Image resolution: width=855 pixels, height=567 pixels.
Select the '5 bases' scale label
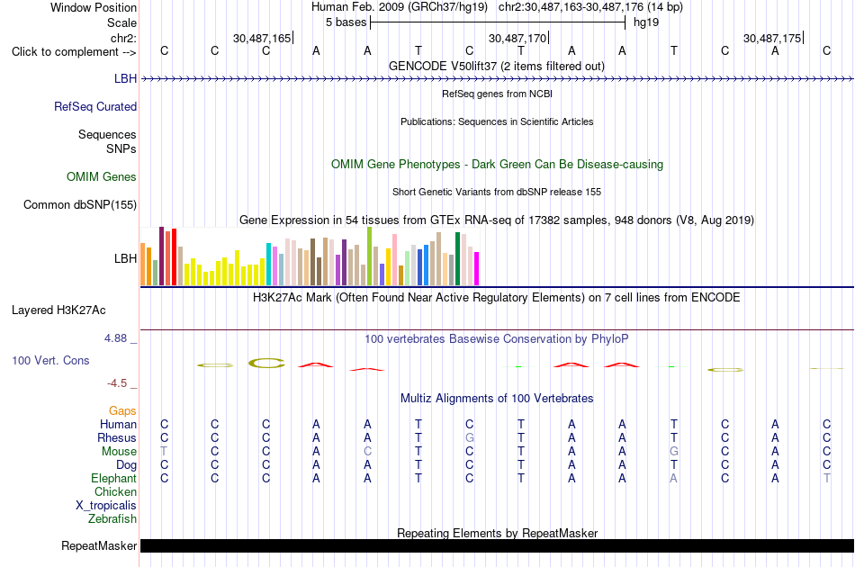coord(346,22)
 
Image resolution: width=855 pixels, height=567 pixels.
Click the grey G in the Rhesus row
coord(470,437)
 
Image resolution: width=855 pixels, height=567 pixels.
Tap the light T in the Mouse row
coord(164,452)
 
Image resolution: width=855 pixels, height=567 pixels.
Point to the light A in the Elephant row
coord(674,478)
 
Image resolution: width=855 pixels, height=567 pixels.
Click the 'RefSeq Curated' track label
coord(95,107)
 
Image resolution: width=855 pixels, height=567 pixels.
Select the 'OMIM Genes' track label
coord(102,176)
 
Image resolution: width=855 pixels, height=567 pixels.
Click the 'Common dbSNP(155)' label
coord(80,205)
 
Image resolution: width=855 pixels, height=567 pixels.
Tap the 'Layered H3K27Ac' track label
coord(58,310)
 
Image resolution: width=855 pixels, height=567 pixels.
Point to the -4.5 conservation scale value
coord(117,383)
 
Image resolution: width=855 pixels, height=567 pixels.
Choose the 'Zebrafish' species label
coord(112,518)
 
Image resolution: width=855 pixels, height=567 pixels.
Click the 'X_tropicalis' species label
coord(106,506)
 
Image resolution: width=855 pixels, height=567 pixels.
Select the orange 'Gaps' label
coord(122,410)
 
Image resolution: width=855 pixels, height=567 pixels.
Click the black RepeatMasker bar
coord(497,545)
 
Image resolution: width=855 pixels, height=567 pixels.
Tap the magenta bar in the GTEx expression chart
coord(477,268)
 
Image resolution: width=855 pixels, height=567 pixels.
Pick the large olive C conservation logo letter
coord(266,363)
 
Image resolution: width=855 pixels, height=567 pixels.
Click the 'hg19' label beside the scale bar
coord(646,22)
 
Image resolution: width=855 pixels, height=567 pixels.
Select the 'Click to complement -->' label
coord(74,52)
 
